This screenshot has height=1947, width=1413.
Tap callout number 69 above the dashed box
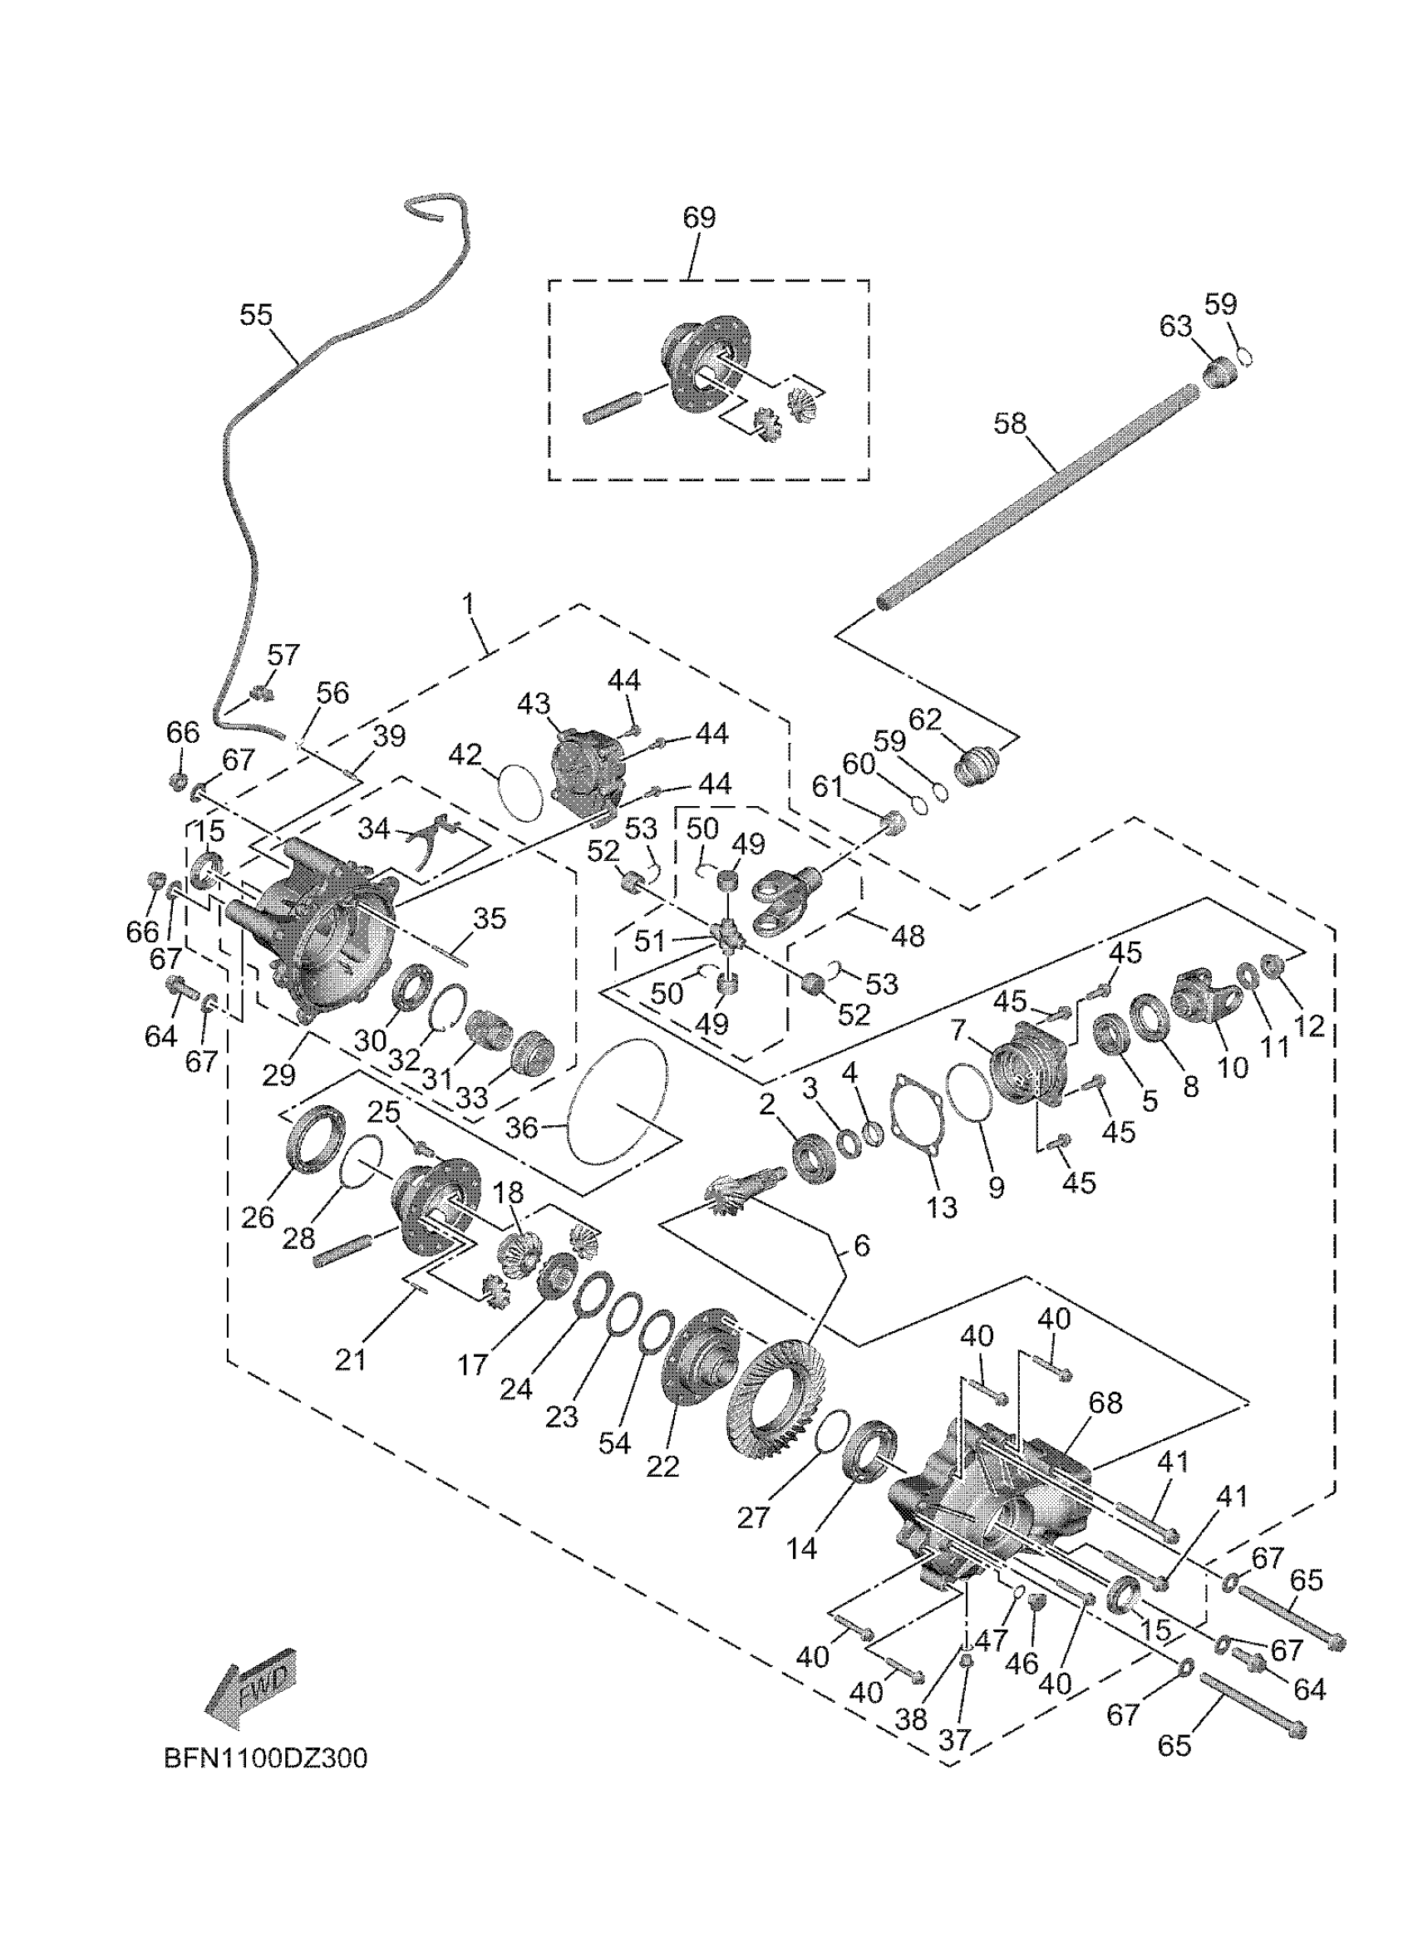[699, 218]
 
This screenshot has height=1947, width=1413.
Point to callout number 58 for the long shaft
[1011, 424]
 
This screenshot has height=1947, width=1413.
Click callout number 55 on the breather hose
[256, 316]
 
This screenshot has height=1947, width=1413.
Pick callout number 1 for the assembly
[468, 603]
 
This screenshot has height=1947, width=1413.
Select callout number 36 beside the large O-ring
[521, 1127]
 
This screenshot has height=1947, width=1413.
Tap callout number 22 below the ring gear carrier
[662, 1465]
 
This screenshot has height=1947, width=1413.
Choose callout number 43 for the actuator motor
[533, 704]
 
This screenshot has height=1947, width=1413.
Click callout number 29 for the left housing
[279, 1074]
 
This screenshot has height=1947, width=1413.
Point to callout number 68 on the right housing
[1105, 1403]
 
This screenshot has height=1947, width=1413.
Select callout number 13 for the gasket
[942, 1207]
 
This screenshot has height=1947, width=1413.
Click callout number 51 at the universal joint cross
[650, 942]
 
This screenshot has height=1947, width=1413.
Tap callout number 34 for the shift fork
[374, 829]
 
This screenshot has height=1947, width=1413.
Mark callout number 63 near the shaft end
[1175, 327]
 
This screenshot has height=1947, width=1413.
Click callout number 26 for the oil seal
[258, 1217]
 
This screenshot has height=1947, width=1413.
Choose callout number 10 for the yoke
[1233, 1067]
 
